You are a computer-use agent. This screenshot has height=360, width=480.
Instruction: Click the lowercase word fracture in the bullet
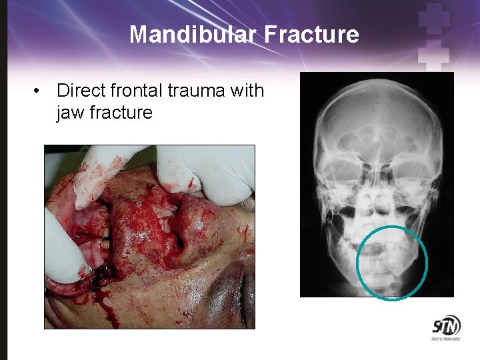[x=121, y=113]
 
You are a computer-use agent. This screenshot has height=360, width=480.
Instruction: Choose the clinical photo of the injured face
[x=149, y=237]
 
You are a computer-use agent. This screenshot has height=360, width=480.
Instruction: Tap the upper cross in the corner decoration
[x=434, y=17]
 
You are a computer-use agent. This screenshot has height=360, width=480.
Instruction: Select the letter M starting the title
[x=138, y=34]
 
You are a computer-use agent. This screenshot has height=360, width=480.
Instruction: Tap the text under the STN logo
[x=445, y=339]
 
